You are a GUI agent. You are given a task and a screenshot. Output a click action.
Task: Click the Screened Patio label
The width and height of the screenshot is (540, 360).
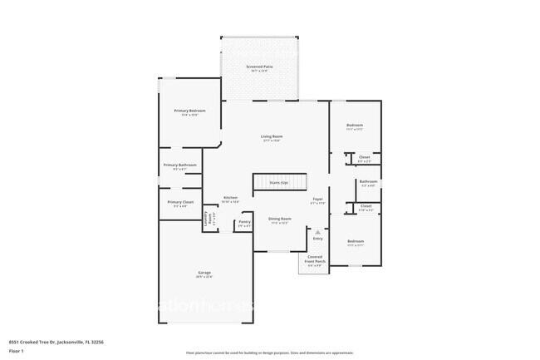(x=259, y=66)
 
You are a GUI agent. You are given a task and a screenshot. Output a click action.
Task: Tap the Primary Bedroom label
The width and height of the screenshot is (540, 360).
(x=189, y=111)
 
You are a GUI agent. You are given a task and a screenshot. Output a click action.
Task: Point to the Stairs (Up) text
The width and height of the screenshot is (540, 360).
(x=278, y=181)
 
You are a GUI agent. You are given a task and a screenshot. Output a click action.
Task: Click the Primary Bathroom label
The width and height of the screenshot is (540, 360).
(x=179, y=165)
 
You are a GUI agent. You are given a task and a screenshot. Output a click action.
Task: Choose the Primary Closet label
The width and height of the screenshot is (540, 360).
(x=179, y=202)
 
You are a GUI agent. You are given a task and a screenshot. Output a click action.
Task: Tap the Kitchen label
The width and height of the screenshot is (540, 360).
(x=230, y=197)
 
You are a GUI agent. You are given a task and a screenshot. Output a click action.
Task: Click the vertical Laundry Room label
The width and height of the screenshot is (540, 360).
(x=206, y=219)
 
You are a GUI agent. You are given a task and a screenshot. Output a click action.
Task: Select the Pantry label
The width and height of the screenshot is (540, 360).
(x=244, y=221)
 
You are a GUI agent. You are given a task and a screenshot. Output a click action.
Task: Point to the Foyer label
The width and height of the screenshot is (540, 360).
(x=317, y=199)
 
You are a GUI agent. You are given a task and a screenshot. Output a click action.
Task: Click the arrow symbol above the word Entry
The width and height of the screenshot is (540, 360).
(x=317, y=231)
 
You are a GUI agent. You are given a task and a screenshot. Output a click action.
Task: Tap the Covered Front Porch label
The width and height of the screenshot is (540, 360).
(x=316, y=259)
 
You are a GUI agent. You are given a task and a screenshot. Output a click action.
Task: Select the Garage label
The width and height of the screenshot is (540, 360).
(x=204, y=274)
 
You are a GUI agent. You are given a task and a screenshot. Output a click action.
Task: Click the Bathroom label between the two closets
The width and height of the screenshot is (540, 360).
(x=368, y=181)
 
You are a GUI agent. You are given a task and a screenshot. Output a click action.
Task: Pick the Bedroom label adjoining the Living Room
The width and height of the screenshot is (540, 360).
(x=355, y=126)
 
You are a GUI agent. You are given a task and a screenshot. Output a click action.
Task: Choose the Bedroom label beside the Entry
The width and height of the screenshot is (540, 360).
(x=356, y=241)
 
